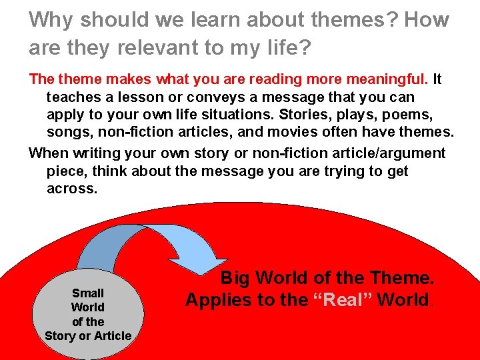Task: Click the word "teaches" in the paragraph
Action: (71, 97)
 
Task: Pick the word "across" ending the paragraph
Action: (71, 189)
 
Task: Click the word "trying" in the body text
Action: (329, 171)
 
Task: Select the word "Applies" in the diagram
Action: (217, 300)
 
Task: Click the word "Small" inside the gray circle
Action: (88, 293)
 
